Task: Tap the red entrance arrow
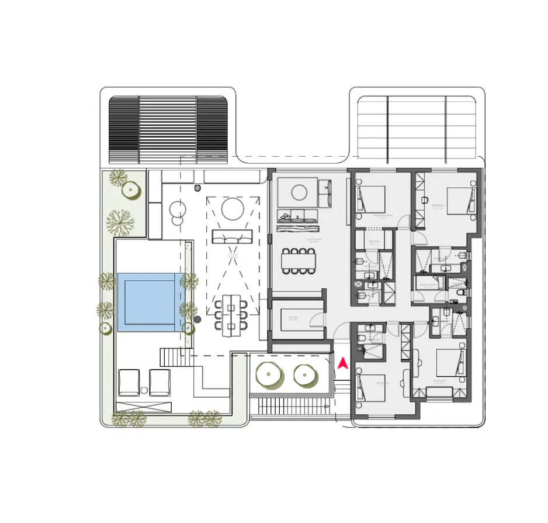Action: tap(342, 364)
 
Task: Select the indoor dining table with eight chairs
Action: tap(299, 261)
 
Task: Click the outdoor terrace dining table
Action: tap(231, 312)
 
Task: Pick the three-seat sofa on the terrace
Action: tap(232, 236)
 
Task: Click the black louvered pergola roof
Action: tap(168, 129)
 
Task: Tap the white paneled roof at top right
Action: tap(417, 129)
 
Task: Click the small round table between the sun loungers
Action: tap(144, 390)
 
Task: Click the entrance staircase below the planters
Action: tap(290, 405)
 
